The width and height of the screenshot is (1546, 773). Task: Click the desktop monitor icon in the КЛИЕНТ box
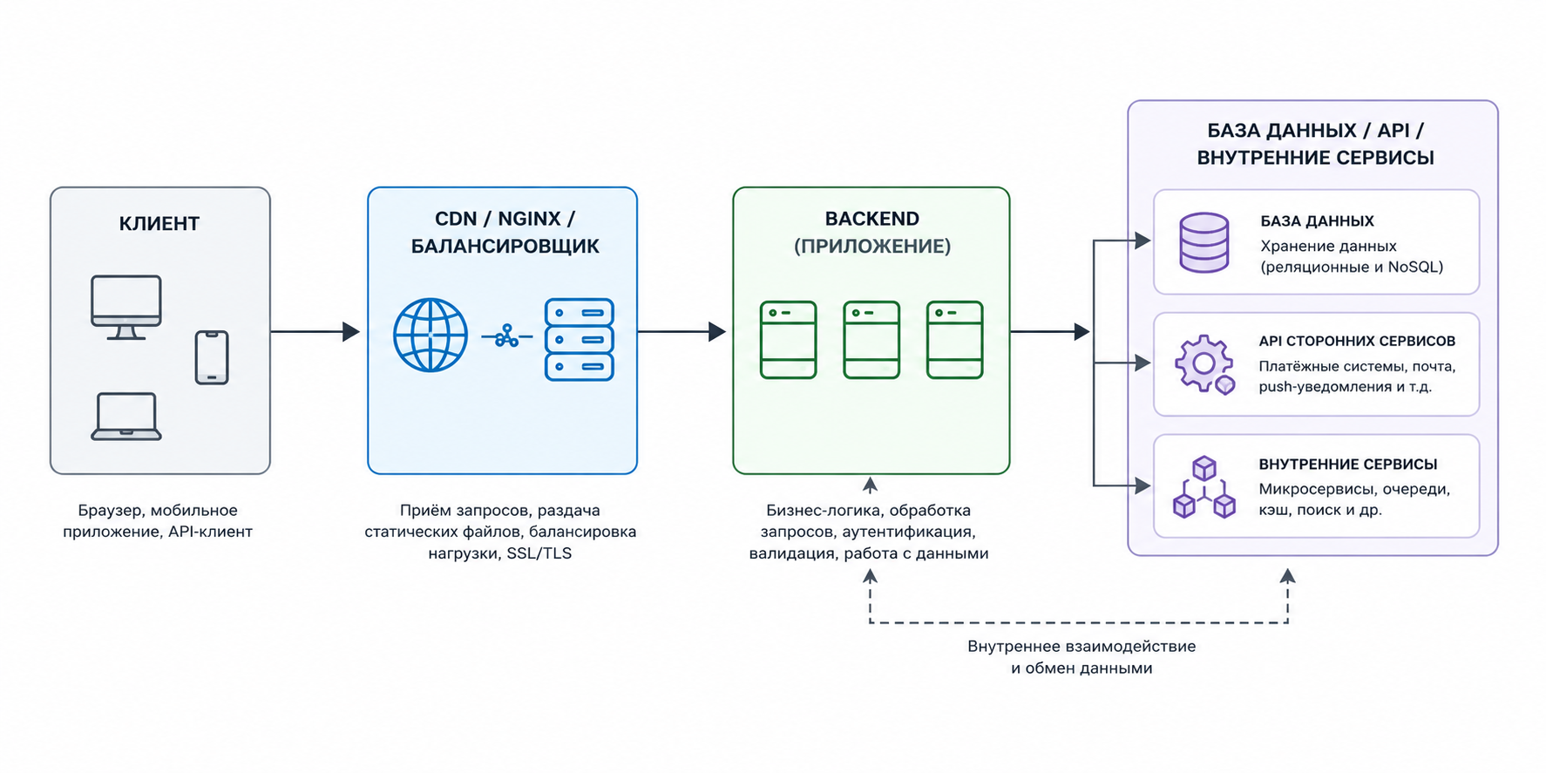126,307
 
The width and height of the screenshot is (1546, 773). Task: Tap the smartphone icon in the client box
212,357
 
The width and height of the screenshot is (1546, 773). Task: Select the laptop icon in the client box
126,417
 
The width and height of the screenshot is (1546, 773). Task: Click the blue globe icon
431,336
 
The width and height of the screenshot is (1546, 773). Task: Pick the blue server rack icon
580,340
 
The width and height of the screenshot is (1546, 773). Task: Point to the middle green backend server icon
871,340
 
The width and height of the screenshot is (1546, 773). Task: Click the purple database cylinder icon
1204,243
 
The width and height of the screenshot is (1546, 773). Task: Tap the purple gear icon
1204,364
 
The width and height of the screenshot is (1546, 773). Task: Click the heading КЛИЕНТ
159,224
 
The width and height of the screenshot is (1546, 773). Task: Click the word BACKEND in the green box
872,219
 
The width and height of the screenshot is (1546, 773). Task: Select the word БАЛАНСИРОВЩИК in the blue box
505,247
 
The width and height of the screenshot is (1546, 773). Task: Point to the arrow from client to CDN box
315,331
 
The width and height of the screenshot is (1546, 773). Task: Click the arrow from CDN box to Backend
681,331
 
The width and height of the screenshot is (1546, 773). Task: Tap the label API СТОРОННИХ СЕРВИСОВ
1357,342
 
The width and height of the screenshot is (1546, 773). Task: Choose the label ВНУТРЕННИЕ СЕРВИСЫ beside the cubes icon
1348,464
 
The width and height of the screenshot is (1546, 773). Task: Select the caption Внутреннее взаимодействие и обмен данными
1082,657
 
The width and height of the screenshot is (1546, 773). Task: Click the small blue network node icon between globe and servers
506,336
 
